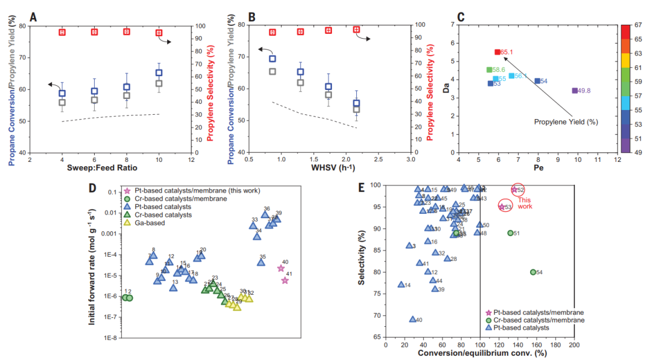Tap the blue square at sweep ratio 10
pyautogui.click(x=159, y=73)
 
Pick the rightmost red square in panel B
pyautogui.click(x=356, y=30)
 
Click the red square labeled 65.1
pyautogui.click(x=497, y=53)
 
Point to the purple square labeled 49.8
pyautogui.click(x=575, y=91)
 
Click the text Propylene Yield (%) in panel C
pyautogui.click(x=566, y=121)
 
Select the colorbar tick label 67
pyautogui.click(x=638, y=25)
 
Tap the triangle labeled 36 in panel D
pyautogui.click(x=265, y=214)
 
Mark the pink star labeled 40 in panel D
pyautogui.click(x=281, y=268)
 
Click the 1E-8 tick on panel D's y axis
pyautogui.click(x=109, y=338)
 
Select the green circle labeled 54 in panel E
pyautogui.click(x=533, y=272)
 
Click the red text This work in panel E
pyautogui.click(x=525, y=203)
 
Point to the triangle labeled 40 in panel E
pyautogui.click(x=413, y=320)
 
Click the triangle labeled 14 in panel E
pyautogui.click(x=401, y=284)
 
